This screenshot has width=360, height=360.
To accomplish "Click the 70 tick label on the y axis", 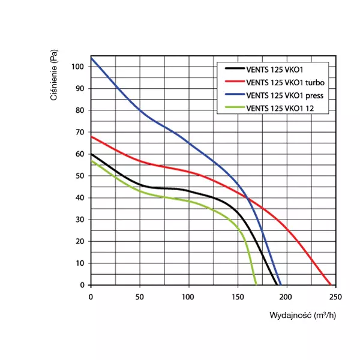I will pyautogui.click(x=80, y=132).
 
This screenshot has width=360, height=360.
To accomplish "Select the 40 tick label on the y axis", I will pyautogui.click(x=80, y=197).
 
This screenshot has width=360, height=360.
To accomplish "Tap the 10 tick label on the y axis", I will pyautogui.click(x=80, y=263).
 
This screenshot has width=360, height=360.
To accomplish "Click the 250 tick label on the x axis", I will pyautogui.click(x=335, y=296).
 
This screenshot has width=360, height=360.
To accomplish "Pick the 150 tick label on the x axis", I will pyautogui.click(x=238, y=296).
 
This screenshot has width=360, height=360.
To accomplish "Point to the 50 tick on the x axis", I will pyautogui.click(x=139, y=296).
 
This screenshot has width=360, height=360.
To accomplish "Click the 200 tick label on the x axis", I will pyautogui.click(x=286, y=296).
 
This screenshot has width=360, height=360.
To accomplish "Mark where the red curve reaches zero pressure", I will pyautogui.click(x=331, y=285).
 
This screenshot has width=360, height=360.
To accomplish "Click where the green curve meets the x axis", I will pyautogui.click(x=256, y=285).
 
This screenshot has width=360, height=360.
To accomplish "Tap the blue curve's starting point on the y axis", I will pyautogui.click(x=91, y=58).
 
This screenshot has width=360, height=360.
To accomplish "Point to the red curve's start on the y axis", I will pyautogui.click(x=91, y=136).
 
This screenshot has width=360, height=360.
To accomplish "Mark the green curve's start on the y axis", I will pyautogui.click(x=91, y=160).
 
